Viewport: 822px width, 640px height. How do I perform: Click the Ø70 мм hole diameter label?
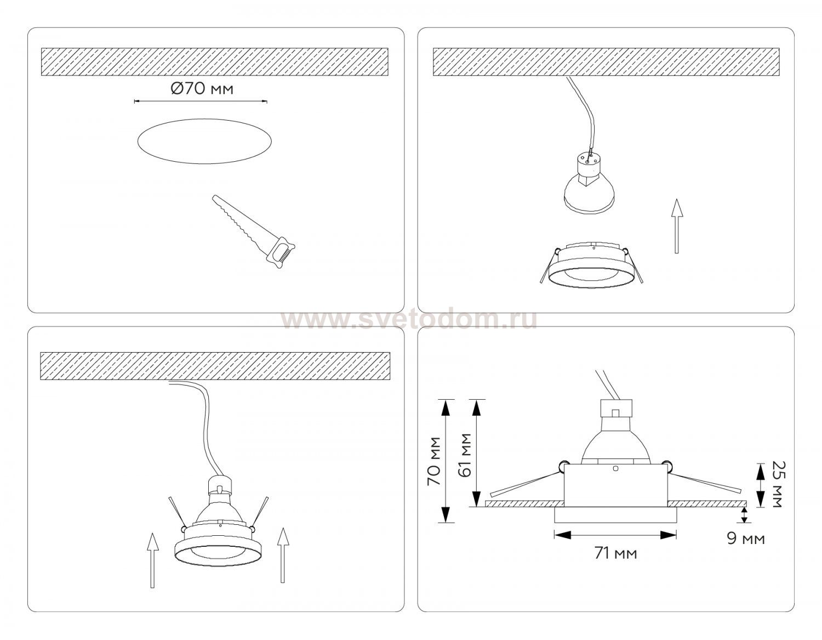pyautogui.click(x=202, y=89)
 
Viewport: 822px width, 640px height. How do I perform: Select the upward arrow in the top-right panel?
pyautogui.click(x=677, y=226)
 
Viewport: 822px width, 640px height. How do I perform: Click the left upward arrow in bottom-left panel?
pyautogui.click(x=152, y=560)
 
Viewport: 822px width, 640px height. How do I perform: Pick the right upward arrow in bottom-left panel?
pyautogui.click(x=283, y=555)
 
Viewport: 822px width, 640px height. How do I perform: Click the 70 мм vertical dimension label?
pyautogui.click(x=434, y=461)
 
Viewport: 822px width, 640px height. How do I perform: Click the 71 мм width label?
pyautogui.click(x=615, y=553)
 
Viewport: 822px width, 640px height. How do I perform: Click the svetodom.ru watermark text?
pyautogui.click(x=409, y=320)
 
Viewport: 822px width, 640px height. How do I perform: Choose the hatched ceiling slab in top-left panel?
pyautogui.click(x=214, y=61)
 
